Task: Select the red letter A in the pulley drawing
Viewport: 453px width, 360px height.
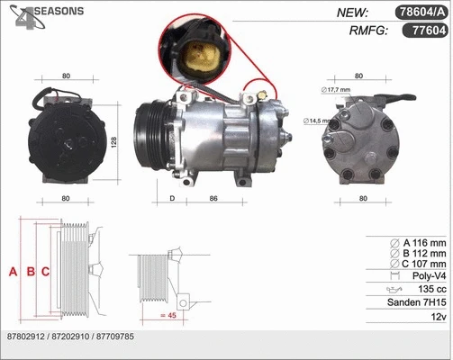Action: point(13,271)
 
